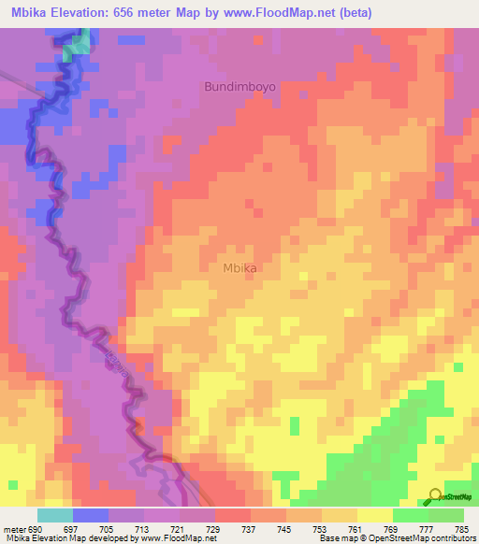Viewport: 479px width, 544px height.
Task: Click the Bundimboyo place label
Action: pos(240,86)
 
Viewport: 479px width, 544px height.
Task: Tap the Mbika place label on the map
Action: pos(240,267)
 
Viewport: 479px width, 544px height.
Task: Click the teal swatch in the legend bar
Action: pos(55,515)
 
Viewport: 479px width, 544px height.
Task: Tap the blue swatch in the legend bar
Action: pos(91,515)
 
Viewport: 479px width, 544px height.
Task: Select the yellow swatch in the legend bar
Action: pos(375,515)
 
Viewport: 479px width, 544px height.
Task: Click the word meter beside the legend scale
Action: pos(14,529)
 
